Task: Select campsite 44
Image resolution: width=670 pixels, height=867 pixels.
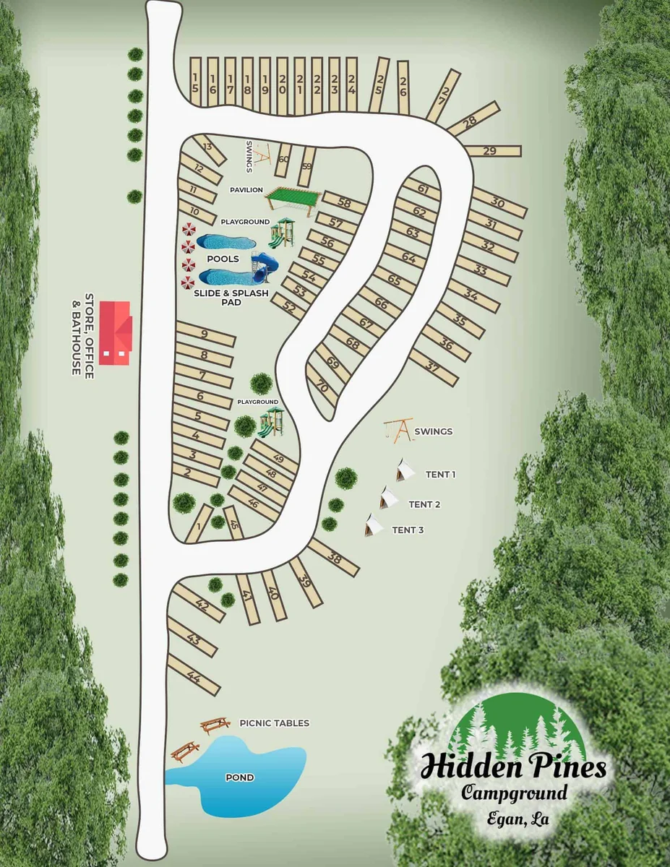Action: (193, 676)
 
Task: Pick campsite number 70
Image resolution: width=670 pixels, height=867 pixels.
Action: (322, 387)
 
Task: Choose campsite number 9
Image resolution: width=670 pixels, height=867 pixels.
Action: (205, 335)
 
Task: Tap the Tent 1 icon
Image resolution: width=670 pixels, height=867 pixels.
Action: (405, 470)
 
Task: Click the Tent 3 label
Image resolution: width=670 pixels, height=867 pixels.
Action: (408, 530)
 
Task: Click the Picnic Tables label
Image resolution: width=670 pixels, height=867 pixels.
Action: (274, 723)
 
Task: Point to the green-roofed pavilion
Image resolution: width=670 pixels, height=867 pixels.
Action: (293, 196)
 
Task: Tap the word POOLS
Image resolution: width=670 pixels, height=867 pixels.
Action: (223, 259)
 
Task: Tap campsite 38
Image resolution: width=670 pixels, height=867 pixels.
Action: (334, 557)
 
